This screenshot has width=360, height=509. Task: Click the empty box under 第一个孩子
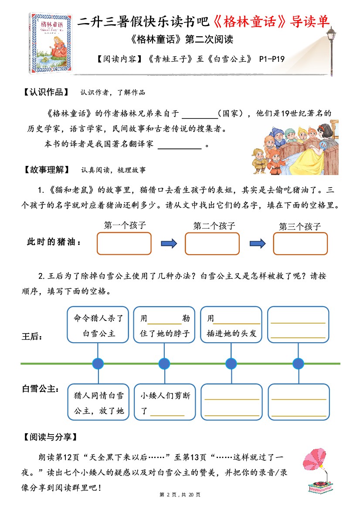point(124,243)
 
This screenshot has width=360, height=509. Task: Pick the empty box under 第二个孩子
point(212,243)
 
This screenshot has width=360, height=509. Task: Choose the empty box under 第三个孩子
point(300,243)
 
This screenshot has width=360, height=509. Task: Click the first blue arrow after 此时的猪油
point(168,243)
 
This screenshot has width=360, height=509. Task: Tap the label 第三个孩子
point(300,226)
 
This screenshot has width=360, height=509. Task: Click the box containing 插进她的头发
point(231,325)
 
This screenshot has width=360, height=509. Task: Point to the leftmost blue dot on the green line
point(98,363)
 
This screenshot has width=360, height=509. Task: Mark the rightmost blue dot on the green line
point(298,363)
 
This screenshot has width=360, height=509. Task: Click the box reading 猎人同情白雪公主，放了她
point(98,402)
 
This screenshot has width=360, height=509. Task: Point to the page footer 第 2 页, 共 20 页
point(180,495)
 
